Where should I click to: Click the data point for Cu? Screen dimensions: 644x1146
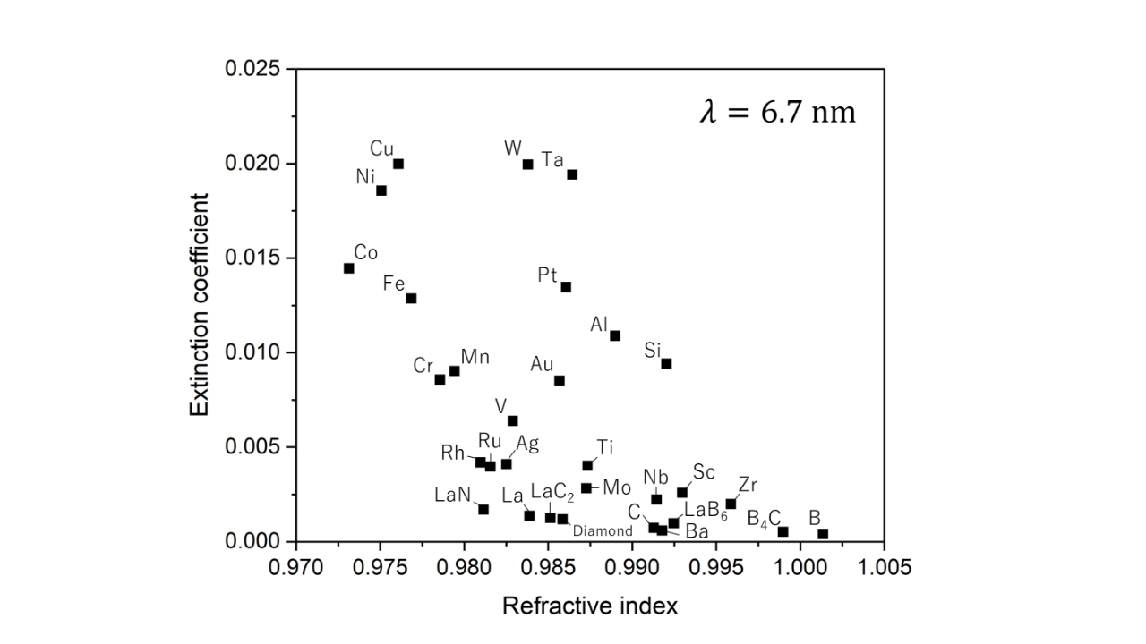pos(398,164)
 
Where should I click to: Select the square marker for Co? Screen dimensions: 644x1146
pos(349,268)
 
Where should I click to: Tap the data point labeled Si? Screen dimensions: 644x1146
pos(666,363)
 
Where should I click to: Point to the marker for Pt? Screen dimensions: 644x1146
pos(566,287)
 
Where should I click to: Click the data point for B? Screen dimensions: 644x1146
pos(823,534)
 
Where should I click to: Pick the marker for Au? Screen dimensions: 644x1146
pos(560,380)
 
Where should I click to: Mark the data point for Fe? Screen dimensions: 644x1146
pos(411,298)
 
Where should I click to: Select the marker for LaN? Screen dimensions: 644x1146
pos(483,509)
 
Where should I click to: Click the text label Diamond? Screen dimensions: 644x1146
pos(603,531)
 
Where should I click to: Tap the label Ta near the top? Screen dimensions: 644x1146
pos(552,160)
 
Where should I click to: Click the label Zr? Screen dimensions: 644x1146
pos(748,486)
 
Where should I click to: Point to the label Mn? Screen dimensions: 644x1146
pos(475,357)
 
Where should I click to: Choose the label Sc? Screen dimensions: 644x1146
pos(704,472)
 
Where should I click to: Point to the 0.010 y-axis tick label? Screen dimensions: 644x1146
pos(259,352)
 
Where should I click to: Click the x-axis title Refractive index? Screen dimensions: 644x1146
pos(589,606)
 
